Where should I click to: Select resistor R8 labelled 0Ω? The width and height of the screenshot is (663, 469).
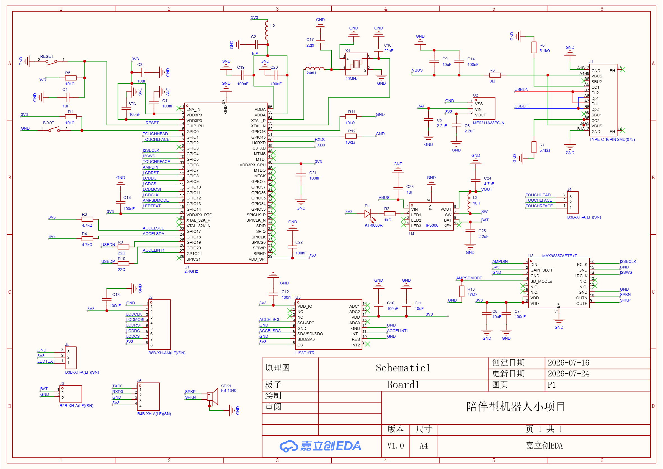[495, 75]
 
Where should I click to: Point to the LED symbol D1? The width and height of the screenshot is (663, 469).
[368, 214]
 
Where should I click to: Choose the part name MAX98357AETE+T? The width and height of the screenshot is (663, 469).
[559, 256]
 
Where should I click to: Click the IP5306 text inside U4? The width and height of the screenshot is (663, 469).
[432, 225]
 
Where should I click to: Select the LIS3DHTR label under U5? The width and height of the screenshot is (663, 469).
[305, 353]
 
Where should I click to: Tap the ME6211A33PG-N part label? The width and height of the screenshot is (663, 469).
[488, 123]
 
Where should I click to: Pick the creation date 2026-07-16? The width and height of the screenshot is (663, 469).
[568, 363]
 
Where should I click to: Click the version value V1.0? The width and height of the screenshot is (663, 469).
[395, 446]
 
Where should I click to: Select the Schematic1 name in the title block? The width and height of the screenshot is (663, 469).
[403, 368]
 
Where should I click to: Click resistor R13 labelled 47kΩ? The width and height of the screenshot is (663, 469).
[461, 291]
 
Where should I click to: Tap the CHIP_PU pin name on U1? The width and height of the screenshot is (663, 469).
[195, 126]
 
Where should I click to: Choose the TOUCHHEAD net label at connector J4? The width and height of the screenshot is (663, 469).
[538, 195]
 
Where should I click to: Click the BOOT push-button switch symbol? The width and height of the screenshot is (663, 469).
[54, 129]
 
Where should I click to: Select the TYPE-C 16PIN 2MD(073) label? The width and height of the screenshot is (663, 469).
[612, 139]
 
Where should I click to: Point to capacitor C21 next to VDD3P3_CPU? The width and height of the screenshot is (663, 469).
[301, 175]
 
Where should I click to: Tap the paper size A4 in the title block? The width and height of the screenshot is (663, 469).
[423, 446]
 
